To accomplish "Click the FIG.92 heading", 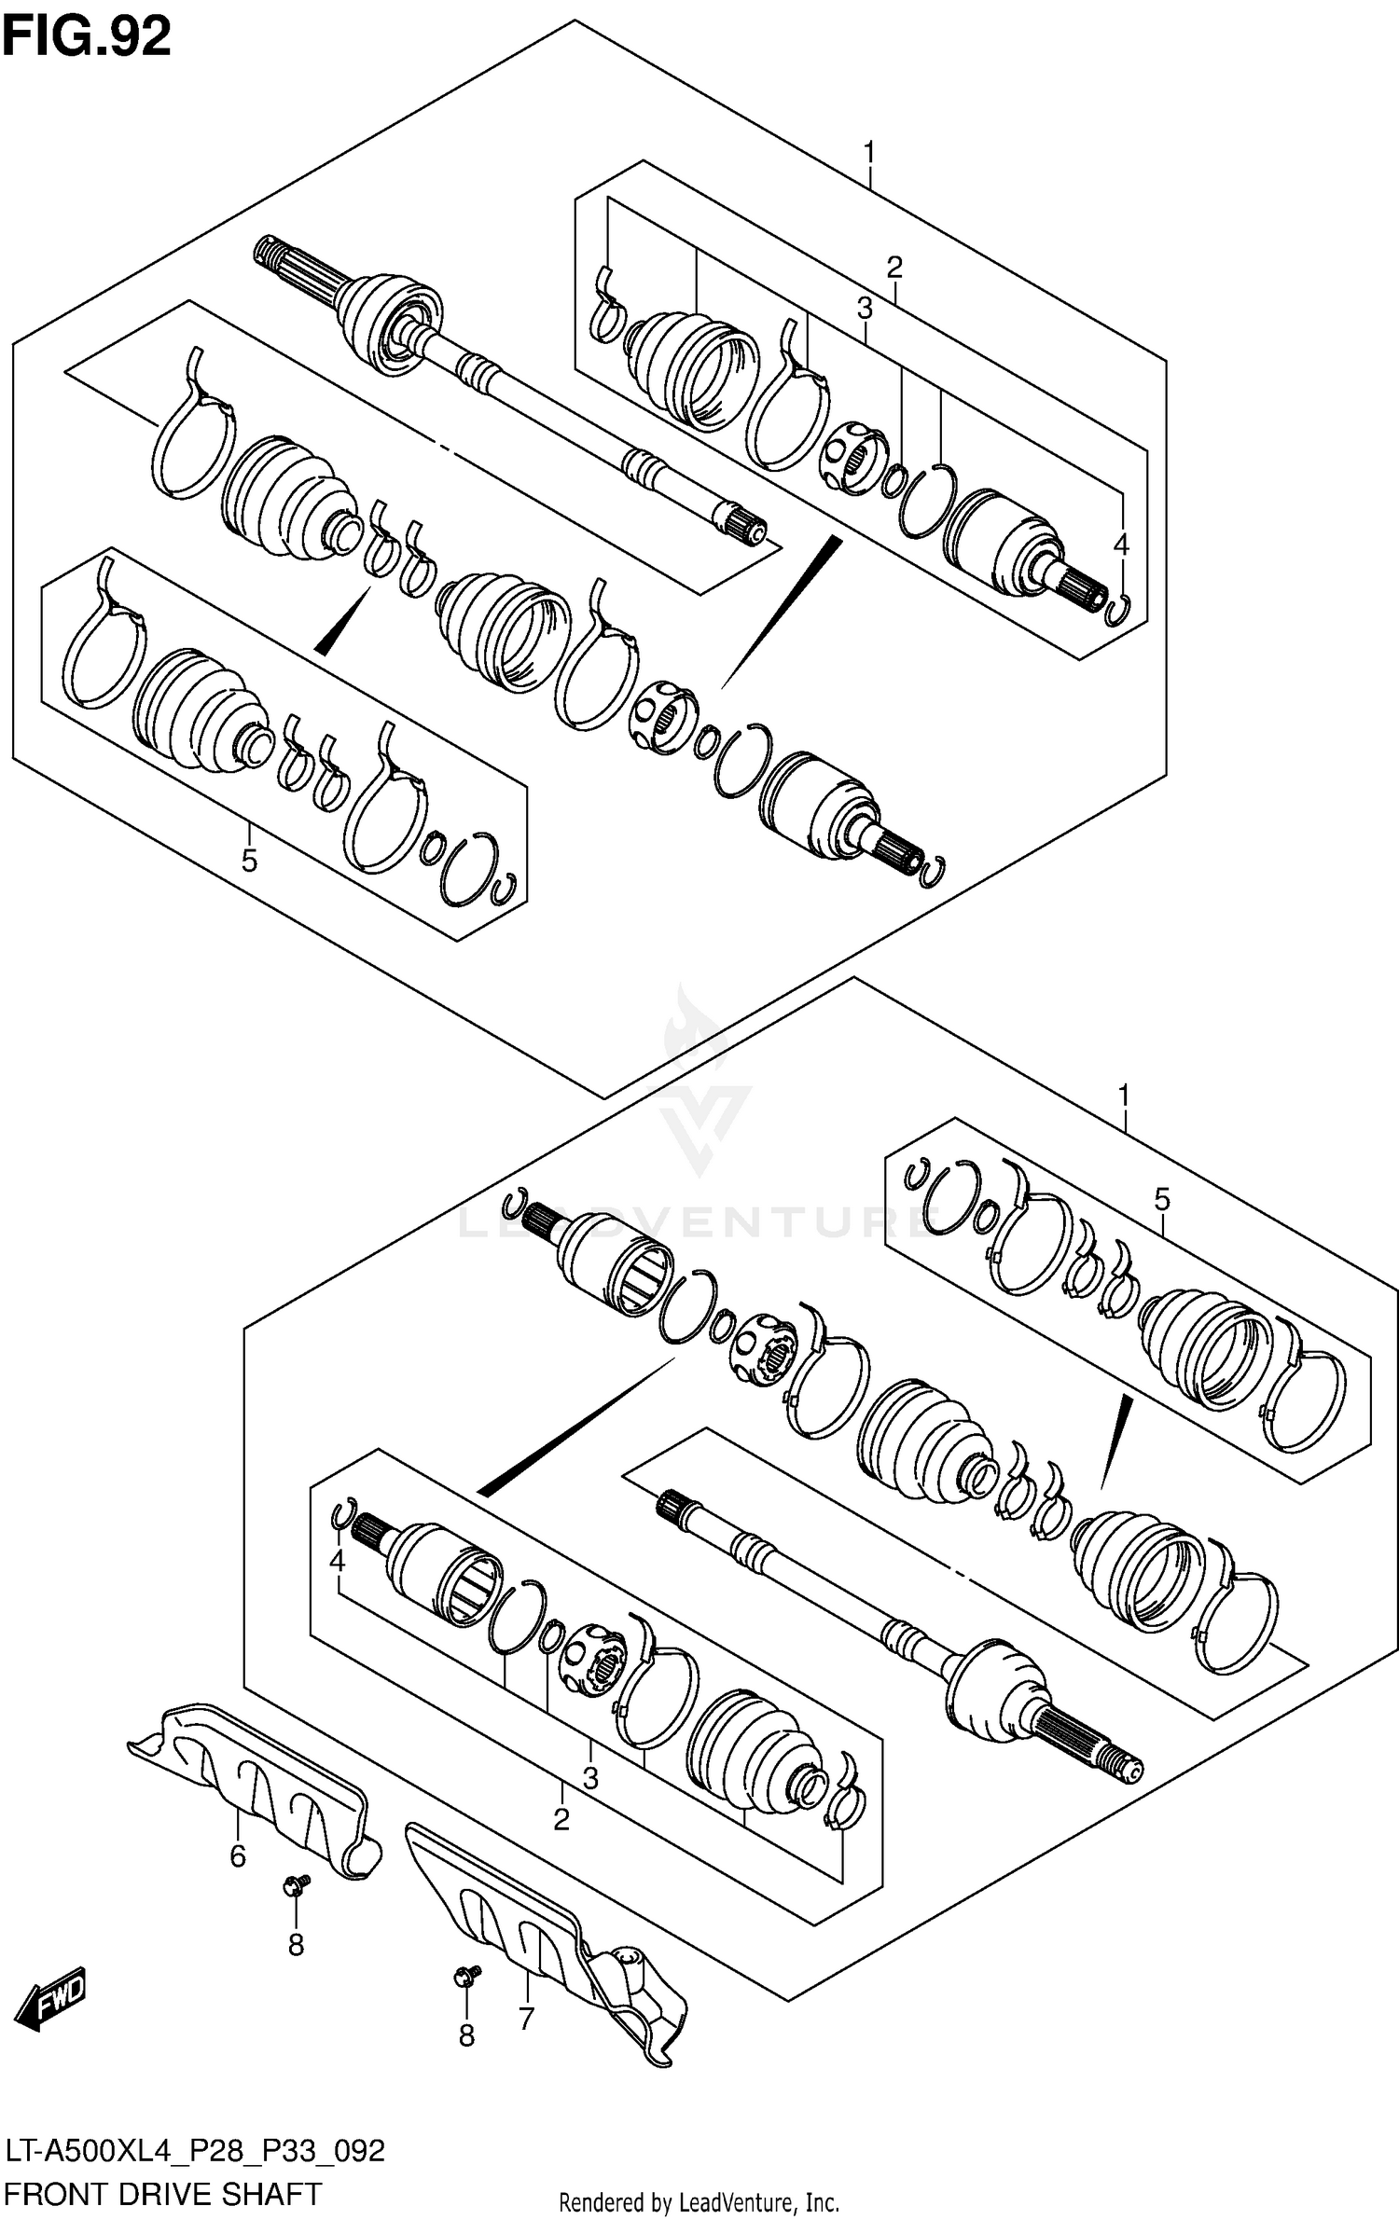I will pyautogui.click(x=87, y=37).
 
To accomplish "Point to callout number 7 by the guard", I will pyautogui.click(x=526, y=2019).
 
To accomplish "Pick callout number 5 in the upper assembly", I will pyautogui.click(x=249, y=860).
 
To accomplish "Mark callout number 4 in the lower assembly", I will pyautogui.click(x=338, y=1560).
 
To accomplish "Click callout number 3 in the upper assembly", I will pyautogui.click(x=865, y=308).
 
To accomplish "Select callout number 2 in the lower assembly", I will pyautogui.click(x=561, y=1819).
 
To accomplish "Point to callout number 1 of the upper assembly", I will pyautogui.click(x=869, y=151).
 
